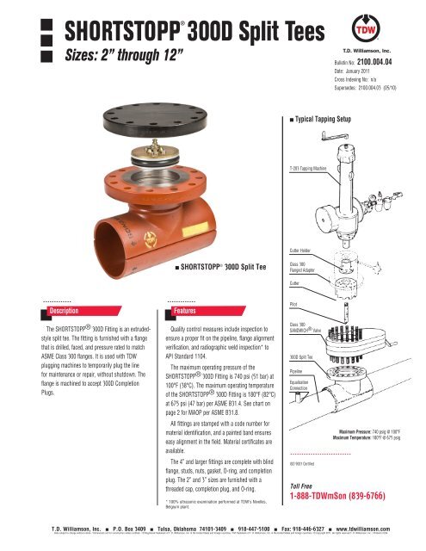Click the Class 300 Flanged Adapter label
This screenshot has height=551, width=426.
pyautogui.click(x=304, y=267)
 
